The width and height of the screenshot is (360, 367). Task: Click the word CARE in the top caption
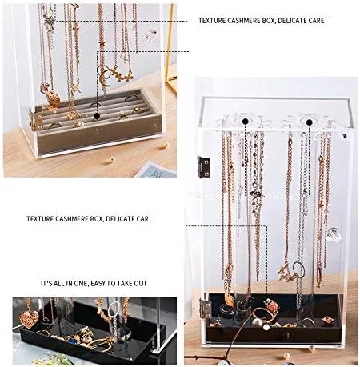314,21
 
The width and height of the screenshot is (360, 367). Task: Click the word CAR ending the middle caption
140,219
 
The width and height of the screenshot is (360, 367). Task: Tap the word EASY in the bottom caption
98,283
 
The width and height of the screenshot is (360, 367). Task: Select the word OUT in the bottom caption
141,283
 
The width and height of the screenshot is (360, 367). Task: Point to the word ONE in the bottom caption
80,283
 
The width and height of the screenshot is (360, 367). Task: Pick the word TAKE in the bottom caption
124,283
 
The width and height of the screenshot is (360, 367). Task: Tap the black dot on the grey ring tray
97,116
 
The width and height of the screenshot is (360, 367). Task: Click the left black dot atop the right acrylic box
246,122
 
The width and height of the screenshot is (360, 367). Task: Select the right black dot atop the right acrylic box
310,122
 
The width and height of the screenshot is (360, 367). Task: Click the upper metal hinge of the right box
204,166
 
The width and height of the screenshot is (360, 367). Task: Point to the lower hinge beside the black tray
206,309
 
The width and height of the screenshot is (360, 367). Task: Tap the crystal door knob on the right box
334,235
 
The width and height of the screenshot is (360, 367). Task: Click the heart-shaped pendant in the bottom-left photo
29,319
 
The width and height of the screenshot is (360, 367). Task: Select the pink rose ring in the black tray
271,306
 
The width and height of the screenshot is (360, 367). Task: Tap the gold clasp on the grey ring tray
35,121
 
